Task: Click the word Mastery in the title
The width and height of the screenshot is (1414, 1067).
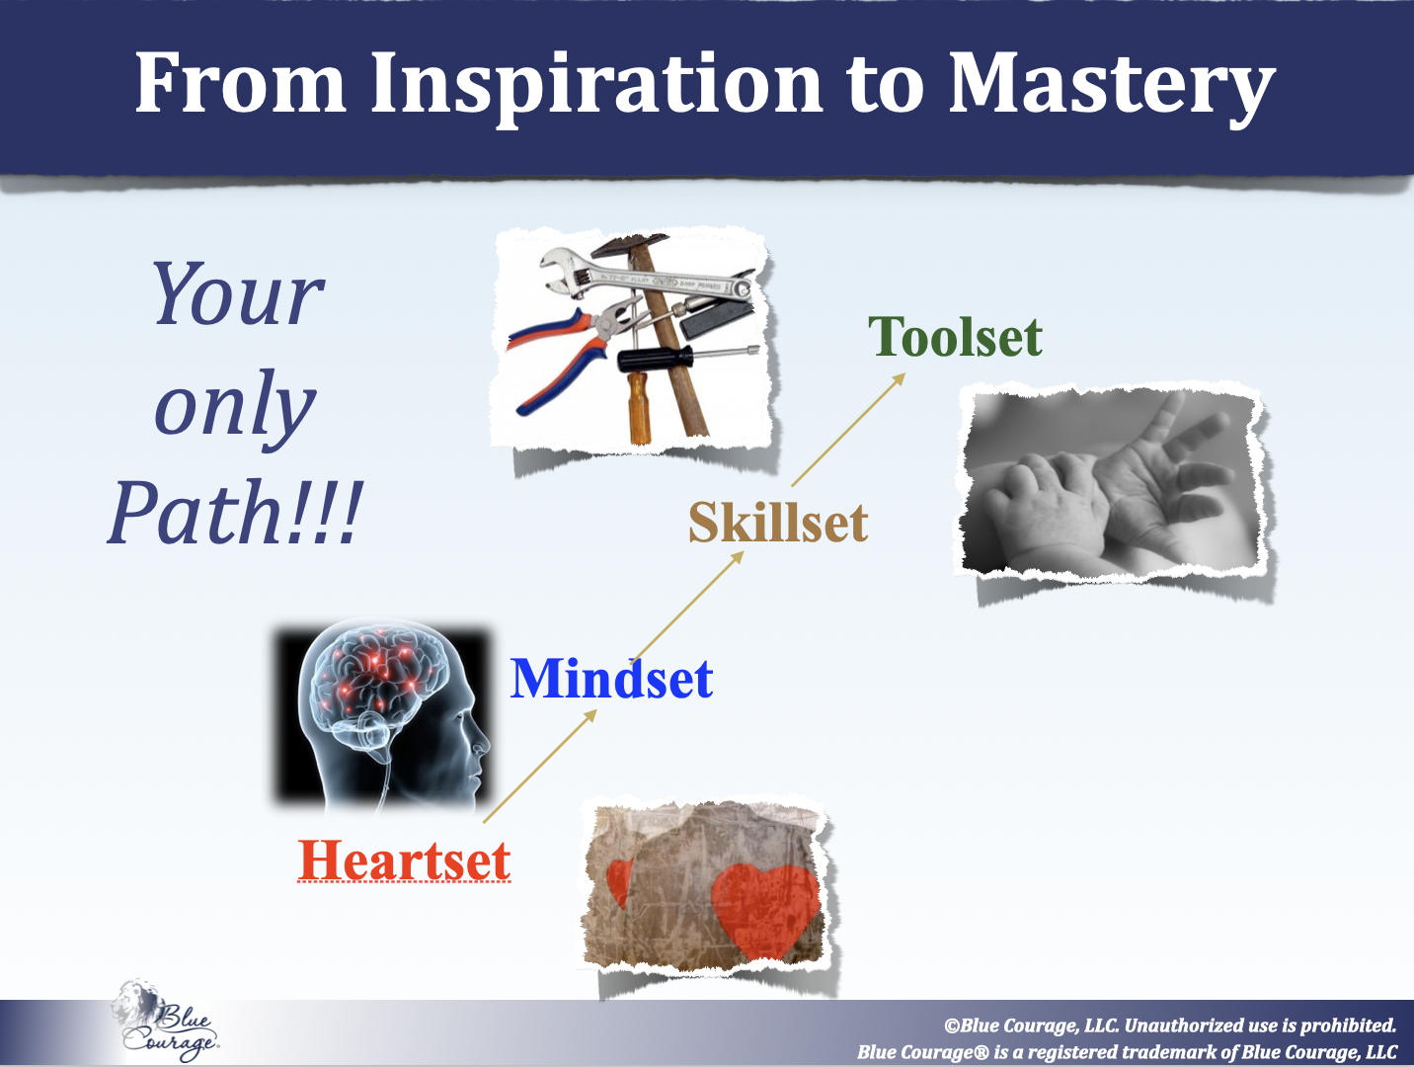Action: pos(1111,85)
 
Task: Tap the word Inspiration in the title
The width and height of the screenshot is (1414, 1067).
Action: pos(595,86)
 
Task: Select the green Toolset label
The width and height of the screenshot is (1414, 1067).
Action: pos(955,336)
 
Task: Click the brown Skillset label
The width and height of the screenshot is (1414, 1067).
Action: pos(778,522)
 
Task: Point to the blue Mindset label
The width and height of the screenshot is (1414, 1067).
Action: pos(611,678)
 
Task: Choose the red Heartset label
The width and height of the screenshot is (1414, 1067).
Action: pos(405,861)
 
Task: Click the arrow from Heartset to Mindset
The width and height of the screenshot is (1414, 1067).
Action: pos(540,767)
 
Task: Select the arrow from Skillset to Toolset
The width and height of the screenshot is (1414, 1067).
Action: pos(848,430)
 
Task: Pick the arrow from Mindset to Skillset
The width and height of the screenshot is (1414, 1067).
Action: pos(687,606)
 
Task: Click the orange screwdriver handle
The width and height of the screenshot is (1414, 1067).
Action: pos(639,407)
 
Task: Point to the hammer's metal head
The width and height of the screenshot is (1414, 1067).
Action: pos(629,244)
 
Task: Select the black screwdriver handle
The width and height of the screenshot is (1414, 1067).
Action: pos(655,359)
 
